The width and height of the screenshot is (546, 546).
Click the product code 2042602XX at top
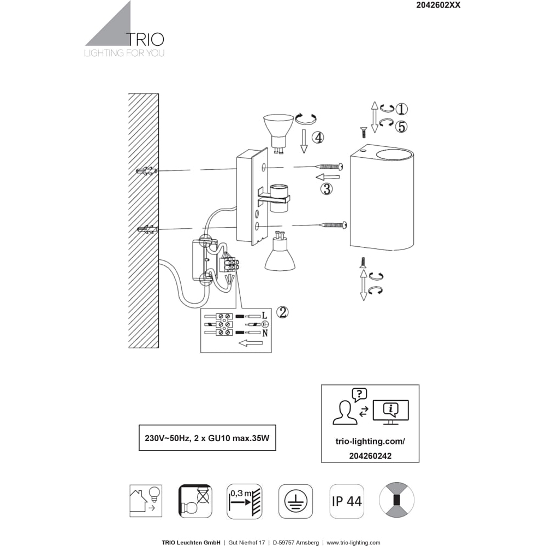click(x=438, y=5)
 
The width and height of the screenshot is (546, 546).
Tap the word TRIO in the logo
click(x=145, y=39)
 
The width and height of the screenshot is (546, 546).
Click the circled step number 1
click(x=401, y=109)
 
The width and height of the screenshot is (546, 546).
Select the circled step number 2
click(x=282, y=312)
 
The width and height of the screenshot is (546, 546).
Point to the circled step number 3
click(x=327, y=189)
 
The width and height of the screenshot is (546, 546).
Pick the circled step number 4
click(x=318, y=138)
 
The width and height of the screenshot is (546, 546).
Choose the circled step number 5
click(x=401, y=127)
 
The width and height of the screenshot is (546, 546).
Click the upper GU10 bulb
click(x=277, y=133)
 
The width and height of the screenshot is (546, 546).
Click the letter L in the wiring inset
click(x=264, y=316)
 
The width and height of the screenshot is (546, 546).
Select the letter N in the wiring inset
click(x=265, y=333)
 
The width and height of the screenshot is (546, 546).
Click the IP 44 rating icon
click(x=347, y=501)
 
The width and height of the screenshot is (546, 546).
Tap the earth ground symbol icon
click(x=295, y=501)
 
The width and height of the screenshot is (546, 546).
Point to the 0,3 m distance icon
click(x=245, y=501)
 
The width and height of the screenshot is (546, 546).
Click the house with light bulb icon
click(x=146, y=501)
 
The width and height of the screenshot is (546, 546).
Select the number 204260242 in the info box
click(x=370, y=456)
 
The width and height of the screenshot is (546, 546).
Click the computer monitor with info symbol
click(x=391, y=412)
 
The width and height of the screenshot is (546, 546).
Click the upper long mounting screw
click(x=329, y=167)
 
